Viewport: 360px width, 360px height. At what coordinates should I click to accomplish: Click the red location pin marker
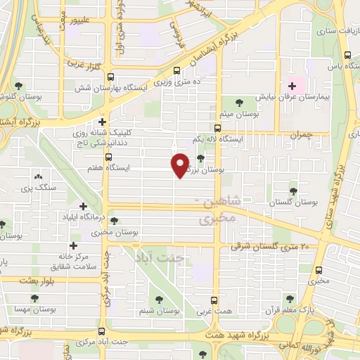click(x=180, y=165)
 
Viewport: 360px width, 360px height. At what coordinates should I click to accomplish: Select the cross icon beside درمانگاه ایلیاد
click(x=84, y=206)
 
